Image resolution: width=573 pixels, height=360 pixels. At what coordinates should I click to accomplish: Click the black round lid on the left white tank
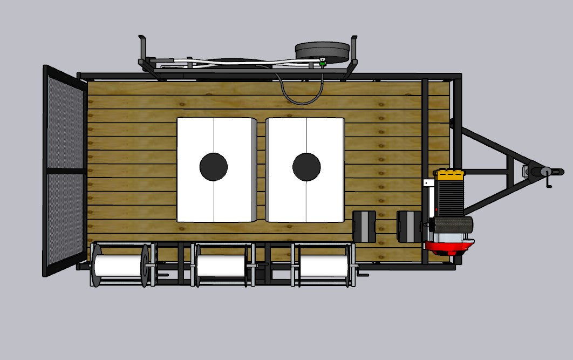click(214, 167)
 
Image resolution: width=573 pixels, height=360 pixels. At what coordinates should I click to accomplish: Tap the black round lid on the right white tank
click(306, 167)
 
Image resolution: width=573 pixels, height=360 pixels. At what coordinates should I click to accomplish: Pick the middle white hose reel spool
click(221, 265)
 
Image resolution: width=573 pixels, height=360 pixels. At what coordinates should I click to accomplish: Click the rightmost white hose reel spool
click(323, 265)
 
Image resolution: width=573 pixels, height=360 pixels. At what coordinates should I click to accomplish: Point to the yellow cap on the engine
click(451, 174)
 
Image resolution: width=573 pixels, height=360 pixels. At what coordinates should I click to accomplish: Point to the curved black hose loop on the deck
click(301, 92)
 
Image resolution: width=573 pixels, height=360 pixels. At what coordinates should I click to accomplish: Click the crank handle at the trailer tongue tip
click(549, 178)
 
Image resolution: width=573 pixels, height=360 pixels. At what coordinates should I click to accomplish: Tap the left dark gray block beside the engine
click(364, 226)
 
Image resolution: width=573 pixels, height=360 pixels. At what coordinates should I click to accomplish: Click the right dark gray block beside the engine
click(408, 226)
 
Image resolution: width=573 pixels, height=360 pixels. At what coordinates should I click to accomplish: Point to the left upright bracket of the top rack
click(143, 51)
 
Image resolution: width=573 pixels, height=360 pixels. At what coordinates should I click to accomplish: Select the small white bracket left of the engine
click(428, 183)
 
